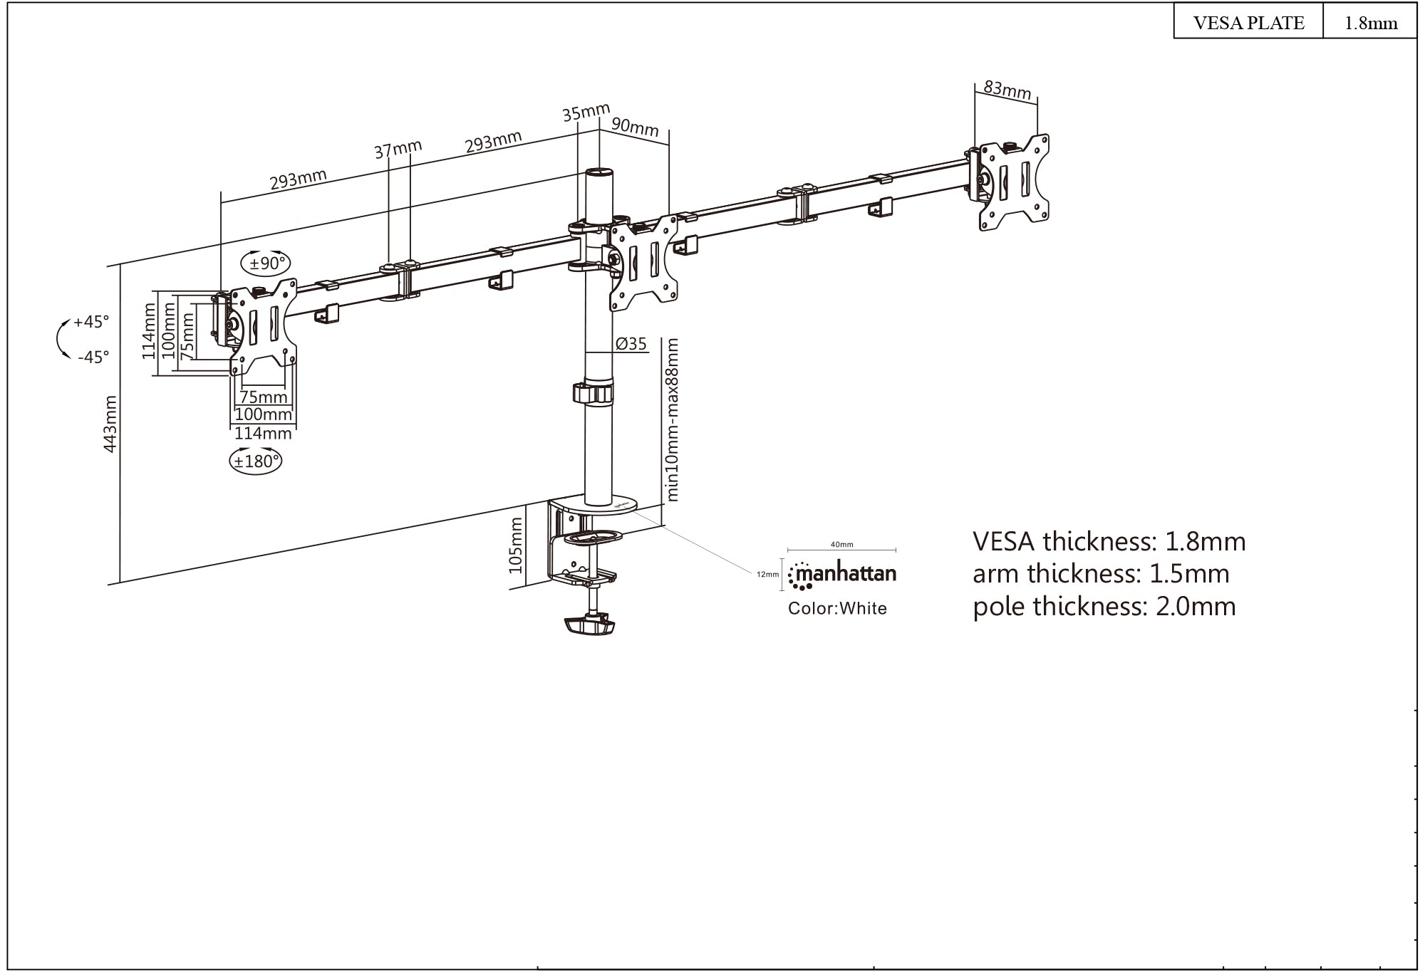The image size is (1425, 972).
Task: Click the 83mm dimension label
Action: click(x=1007, y=90)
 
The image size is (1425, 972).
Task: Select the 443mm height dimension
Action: click(x=111, y=424)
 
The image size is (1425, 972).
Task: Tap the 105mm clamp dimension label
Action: click(x=517, y=545)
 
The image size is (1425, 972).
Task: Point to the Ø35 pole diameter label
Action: click(x=631, y=345)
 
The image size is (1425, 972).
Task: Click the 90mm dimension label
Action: click(x=635, y=127)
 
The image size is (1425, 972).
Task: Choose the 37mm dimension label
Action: click(x=398, y=150)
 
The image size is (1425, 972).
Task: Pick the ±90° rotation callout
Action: click(x=267, y=263)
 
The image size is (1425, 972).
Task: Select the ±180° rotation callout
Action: click(x=256, y=461)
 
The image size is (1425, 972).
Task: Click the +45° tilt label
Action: click(x=92, y=322)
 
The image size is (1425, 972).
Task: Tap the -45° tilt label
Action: click(x=93, y=357)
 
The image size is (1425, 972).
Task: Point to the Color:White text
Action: click(x=837, y=609)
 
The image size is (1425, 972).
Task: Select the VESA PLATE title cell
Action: click(x=1248, y=23)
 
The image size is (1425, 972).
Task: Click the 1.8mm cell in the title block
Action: click(x=1370, y=23)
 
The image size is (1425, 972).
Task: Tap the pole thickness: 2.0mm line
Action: click(x=1104, y=607)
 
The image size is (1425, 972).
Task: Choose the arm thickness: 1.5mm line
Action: click(x=1101, y=574)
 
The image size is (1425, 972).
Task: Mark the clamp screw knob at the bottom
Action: click(x=589, y=626)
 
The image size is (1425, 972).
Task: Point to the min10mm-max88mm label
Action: click(x=671, y=420)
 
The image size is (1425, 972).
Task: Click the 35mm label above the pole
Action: click(x=586, y=113)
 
